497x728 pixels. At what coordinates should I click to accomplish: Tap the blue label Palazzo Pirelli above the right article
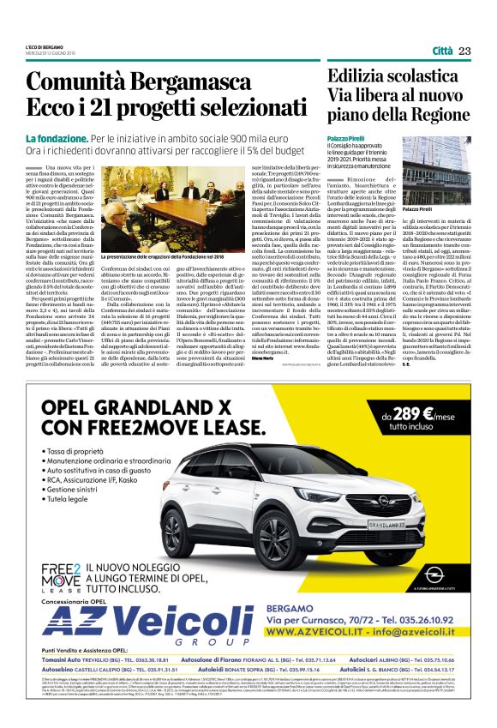point(345,138)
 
